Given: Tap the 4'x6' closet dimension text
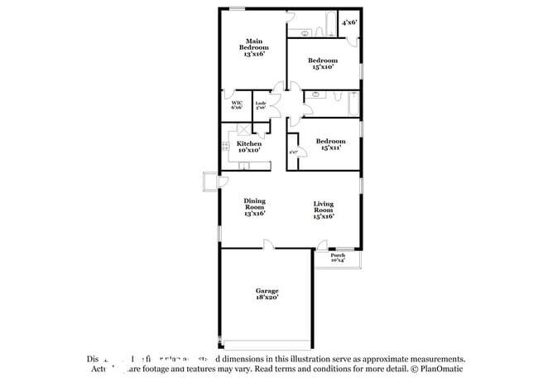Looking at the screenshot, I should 349,24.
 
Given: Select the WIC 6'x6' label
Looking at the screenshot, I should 237,104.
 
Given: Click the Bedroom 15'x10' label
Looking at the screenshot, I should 323,64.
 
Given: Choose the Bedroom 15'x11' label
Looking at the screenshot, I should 329,144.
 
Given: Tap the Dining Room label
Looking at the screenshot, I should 254,207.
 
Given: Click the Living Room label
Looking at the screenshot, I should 324,211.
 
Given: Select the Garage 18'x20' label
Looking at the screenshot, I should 267,293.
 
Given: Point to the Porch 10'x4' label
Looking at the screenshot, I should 338,257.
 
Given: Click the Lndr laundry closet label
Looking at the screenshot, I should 260,104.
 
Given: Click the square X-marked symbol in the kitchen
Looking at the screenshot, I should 243,130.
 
